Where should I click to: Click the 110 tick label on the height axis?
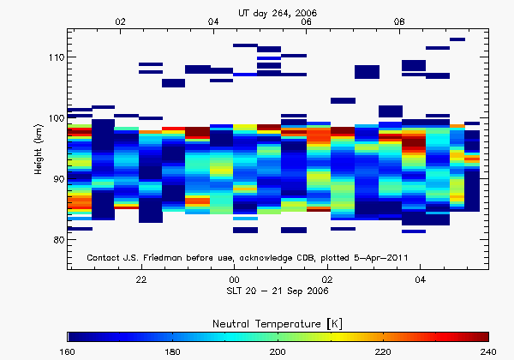coord(53,57)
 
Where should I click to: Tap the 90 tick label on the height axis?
coord(56,179)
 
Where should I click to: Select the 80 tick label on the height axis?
coord(56,240)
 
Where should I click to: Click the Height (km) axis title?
coord(38,149)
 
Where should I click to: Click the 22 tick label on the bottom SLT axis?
coord(141,279)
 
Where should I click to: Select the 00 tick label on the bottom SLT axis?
coord(234,279)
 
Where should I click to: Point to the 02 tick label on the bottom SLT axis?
coord(327,279)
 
